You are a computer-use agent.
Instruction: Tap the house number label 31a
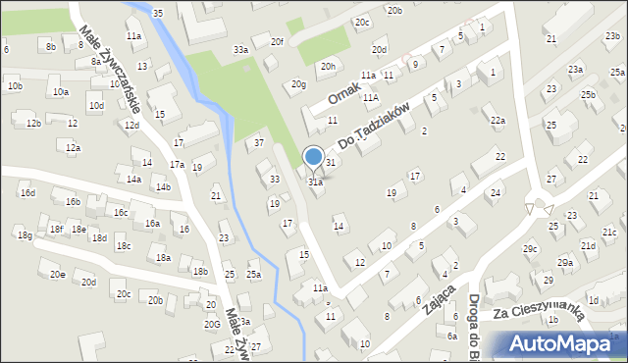click(315, 182)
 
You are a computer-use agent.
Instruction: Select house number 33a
click(240, 50)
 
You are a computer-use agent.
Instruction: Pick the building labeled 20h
click(328, 67)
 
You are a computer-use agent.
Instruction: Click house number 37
click(259, 143)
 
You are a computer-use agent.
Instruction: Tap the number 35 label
click(159, 13)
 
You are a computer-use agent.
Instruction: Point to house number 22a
click(498, 121)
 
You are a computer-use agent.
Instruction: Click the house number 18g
click(24, 235)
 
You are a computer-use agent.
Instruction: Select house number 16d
click(27, 193)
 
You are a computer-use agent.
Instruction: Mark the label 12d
click(131, 126)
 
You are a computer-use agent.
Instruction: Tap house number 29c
click(531, 249)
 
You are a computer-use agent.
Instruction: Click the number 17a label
click(176, 165)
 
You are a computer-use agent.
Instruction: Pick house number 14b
click(163, 187)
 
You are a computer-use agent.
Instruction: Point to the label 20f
click(278, 42)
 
